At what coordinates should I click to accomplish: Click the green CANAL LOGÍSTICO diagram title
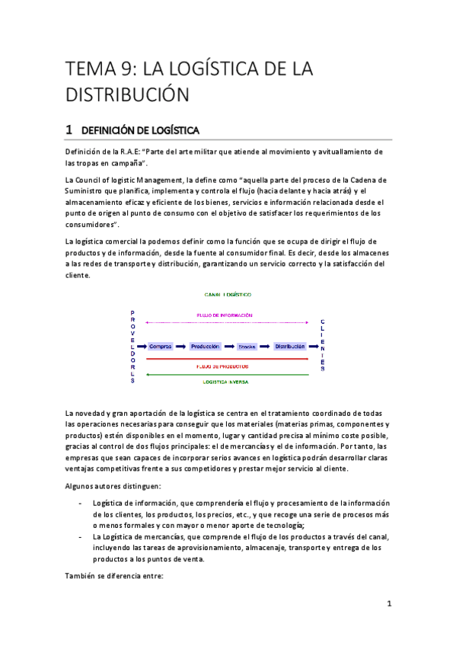(x=228, y=294)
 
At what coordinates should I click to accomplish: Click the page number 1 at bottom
(x=388, y=604)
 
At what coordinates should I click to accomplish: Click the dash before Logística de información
(x=81, y=504)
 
